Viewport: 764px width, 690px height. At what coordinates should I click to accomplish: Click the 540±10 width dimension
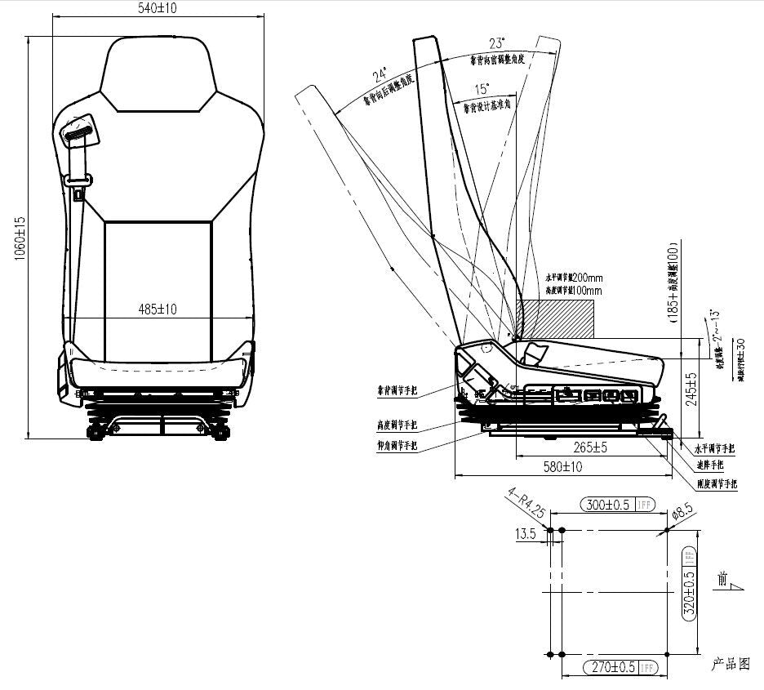click(158, 8)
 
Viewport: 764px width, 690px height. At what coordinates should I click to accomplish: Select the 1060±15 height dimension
click(20, 238)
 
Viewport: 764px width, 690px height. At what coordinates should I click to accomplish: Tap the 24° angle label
click(380, 76)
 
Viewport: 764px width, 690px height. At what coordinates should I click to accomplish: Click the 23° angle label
click(496, 43)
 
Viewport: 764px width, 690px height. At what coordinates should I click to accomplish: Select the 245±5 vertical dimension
click(692, 390)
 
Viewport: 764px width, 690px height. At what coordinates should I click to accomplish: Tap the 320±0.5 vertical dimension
click(689, 591)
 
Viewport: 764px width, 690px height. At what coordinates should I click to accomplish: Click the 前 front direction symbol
click(720, 580)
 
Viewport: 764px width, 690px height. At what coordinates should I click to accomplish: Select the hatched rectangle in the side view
click(556, 318)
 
